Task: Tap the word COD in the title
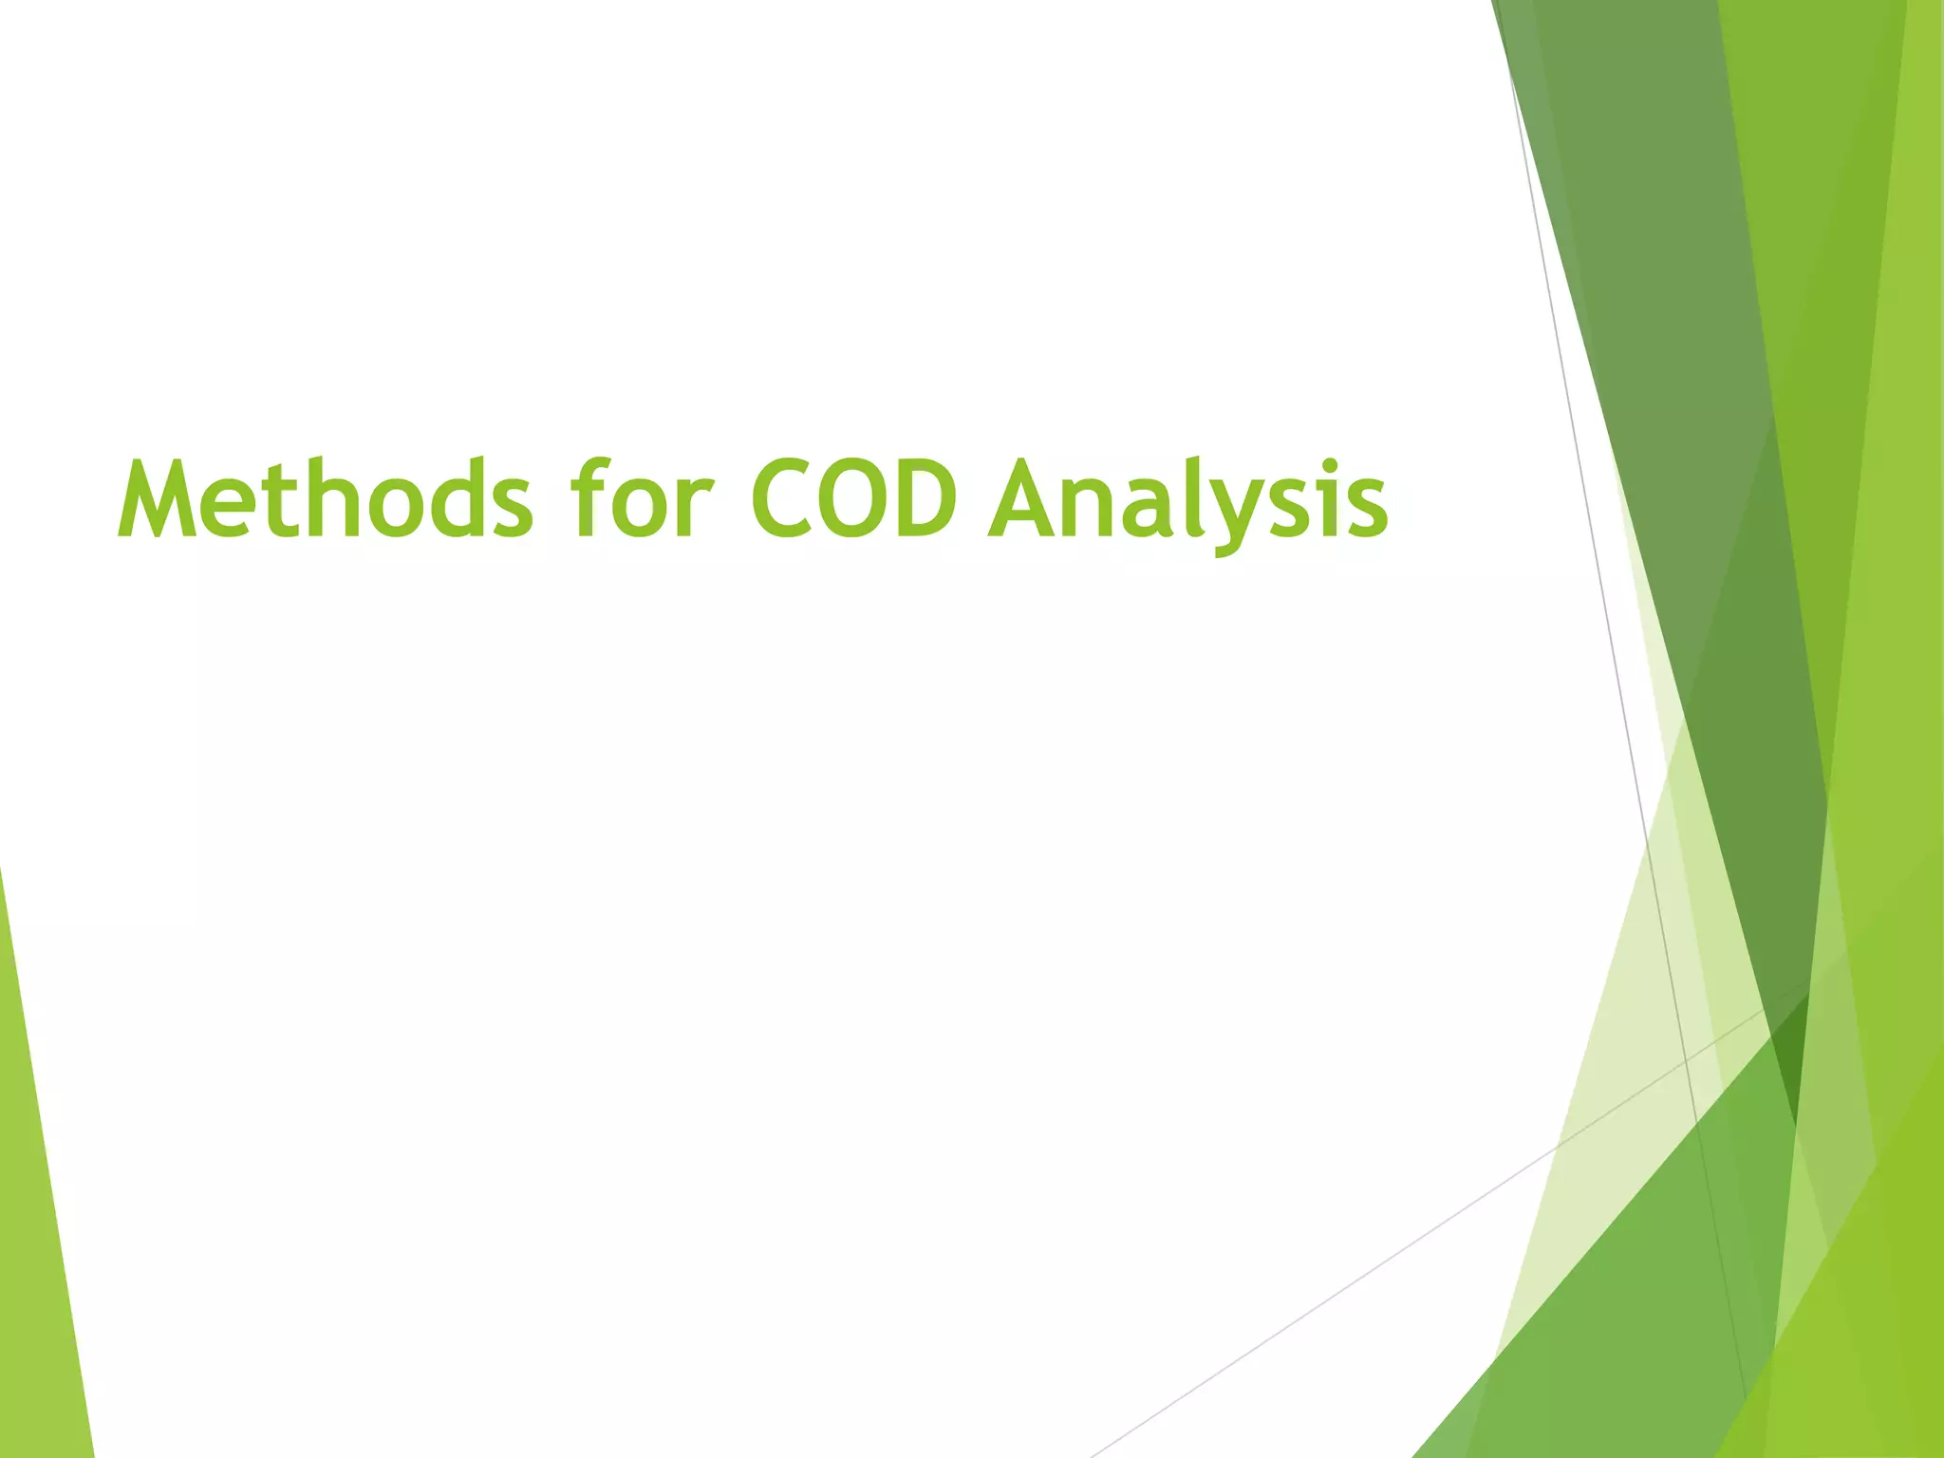click(x=853, y=499)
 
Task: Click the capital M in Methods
click(x=157, y=499)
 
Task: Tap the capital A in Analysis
click(x=1024, y=499)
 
